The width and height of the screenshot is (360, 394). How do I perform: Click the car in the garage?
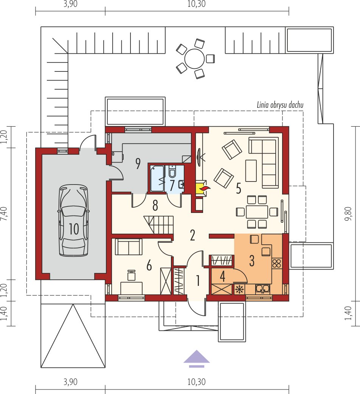(x=74, y=220)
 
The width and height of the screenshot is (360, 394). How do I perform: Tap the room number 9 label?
(x=138, y=163)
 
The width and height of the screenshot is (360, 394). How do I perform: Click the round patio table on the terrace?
(x=194, y=59)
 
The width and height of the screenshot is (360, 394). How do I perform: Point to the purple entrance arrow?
(x=197, y=358)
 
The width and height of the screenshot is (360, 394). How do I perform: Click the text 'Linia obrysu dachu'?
(x=280, y=105)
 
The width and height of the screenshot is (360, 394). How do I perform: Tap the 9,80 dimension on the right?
(x=348, y=214)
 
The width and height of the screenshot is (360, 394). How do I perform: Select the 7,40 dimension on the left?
(x=4, y=214)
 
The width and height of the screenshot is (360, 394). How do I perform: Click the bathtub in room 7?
(x=157, y=178)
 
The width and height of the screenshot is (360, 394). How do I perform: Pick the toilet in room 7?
(x=172, y=171)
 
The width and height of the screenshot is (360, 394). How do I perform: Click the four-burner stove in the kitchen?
(x=276, y=263)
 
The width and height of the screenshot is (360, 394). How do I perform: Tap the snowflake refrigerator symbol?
(x=239, y=290)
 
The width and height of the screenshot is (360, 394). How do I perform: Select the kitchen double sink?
(x=262, y=289)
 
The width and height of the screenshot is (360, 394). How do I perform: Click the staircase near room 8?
(x=158, y=225)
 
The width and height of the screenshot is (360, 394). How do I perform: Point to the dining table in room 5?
(x=257, y=212)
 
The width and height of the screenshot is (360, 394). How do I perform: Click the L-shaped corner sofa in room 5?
(x=264, y=162)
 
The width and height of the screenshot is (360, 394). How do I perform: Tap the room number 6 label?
(x=149, y=265)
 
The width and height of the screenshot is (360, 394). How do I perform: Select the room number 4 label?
(x=222, y=276)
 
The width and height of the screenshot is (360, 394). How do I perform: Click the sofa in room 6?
(x=129, y=247)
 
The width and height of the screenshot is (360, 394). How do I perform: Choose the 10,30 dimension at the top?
(x=197, y=4)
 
